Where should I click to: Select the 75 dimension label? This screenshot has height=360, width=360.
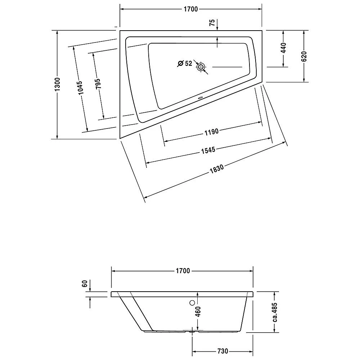(x=212, y=23)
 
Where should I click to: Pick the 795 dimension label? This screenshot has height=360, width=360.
(x=98, y=83)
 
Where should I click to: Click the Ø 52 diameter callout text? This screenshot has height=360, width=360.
(x=185, y=64)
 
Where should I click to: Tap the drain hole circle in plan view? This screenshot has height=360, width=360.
(x=201, y=67)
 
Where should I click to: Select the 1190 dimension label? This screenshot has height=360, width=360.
(x=211, y=132)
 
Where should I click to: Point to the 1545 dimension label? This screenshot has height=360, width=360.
(x=208, y=150)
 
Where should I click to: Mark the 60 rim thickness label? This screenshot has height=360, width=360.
(x=85, y=284)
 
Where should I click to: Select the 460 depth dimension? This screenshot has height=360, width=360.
(x=198, y=312)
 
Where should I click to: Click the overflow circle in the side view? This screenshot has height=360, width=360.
(x=192, y=303)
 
